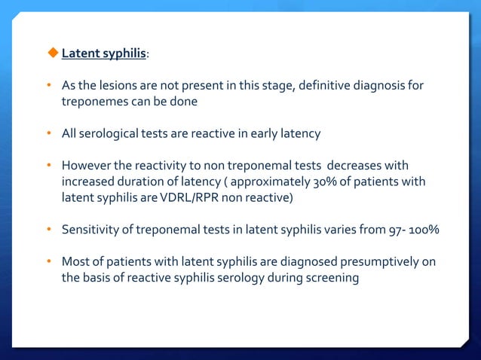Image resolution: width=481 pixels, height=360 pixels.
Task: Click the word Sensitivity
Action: (90, 230)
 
